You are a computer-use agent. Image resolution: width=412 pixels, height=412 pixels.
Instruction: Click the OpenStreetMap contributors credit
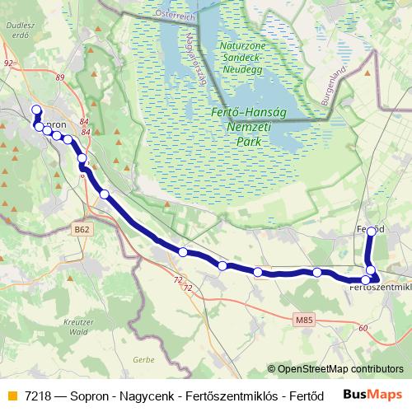335,369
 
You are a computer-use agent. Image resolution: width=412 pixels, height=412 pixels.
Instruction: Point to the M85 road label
303,317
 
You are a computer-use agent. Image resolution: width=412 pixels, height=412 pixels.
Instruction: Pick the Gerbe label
143,360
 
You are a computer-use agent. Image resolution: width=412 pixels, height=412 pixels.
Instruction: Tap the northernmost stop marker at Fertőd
371,232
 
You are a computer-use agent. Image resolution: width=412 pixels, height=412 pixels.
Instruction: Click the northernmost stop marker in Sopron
35,110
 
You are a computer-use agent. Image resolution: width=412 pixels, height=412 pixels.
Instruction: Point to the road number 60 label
363,328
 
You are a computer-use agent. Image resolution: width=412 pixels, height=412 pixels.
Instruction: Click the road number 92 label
8,63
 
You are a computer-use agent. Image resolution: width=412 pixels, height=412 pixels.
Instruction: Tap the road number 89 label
60,77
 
